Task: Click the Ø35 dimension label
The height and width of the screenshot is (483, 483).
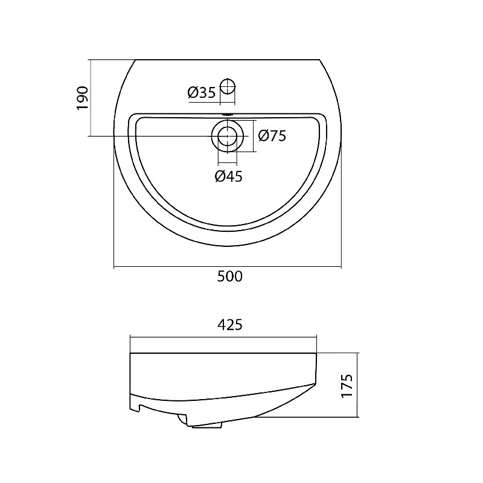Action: click(x=202, y=92)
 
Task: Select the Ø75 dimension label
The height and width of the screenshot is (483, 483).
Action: click(x=272, y=135)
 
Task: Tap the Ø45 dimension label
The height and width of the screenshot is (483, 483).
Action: click(x=229, y=176)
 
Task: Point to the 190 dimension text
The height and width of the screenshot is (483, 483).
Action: click(x=83, y=98)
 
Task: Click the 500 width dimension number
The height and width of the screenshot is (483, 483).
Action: click(x=230, y=277)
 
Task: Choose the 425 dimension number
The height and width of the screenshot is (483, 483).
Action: click(x=230, y=325)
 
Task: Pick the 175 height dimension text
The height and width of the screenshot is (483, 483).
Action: click(x=347, y=386)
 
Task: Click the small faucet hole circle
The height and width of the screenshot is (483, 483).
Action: click(x=228, y=86)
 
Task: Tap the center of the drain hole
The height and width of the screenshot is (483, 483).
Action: click(x=228, y=136)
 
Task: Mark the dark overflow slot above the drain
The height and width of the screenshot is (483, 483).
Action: click(x=228, y=114)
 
